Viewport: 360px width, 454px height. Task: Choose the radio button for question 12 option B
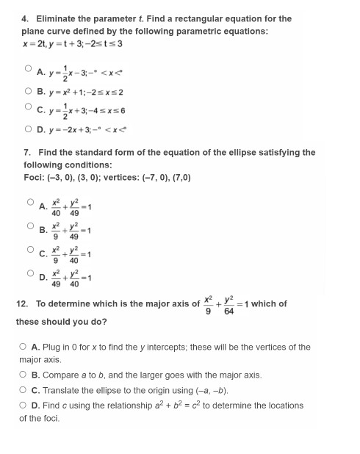point(25,374)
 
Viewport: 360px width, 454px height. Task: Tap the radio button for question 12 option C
point(25,389)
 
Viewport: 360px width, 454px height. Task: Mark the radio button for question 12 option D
point(25,405)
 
